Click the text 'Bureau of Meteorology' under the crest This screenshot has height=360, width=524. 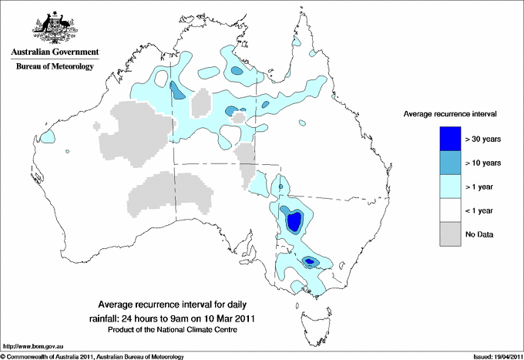tap(54, 67)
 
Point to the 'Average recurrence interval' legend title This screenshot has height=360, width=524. tap(450, 113)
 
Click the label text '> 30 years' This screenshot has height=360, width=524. tap(484, 140)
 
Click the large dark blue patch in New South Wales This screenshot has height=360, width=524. tap(294, 222)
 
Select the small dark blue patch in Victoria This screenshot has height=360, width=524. tap(310, 262)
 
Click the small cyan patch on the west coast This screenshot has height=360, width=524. tap(47, 137)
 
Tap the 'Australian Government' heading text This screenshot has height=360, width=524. tap(54, 52)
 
